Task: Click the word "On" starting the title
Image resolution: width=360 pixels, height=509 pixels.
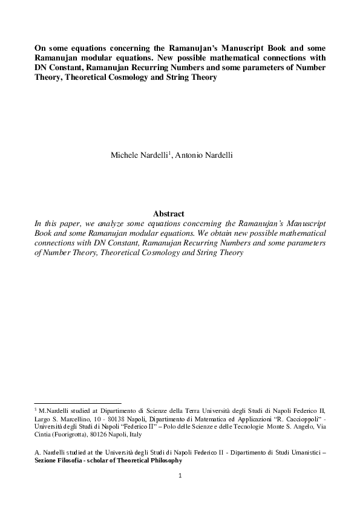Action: click(40, 48)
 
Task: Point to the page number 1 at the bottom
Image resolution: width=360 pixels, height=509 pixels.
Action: click(180, 476)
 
